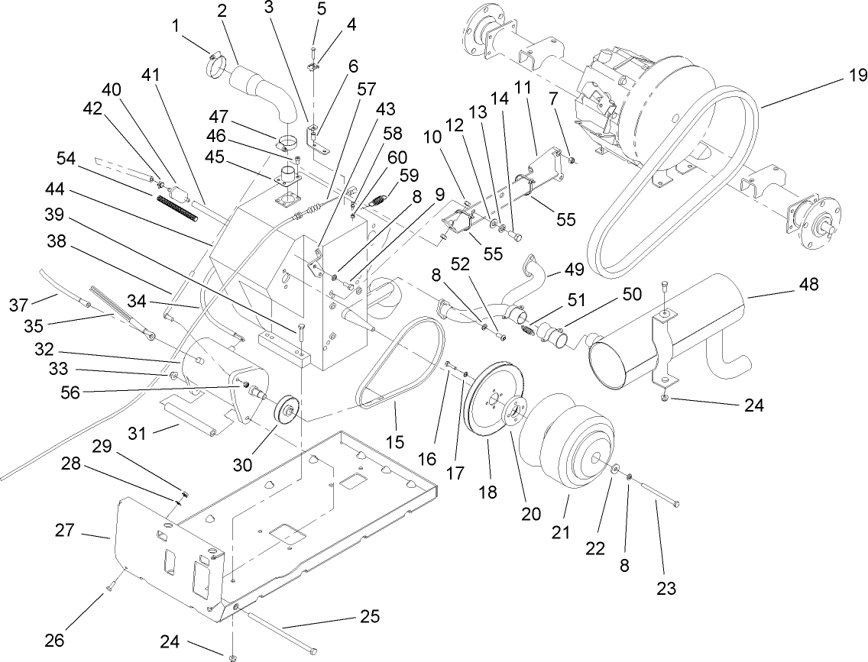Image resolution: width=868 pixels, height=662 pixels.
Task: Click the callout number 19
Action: [857, 75]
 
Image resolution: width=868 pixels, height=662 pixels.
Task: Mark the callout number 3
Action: [268, 8]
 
